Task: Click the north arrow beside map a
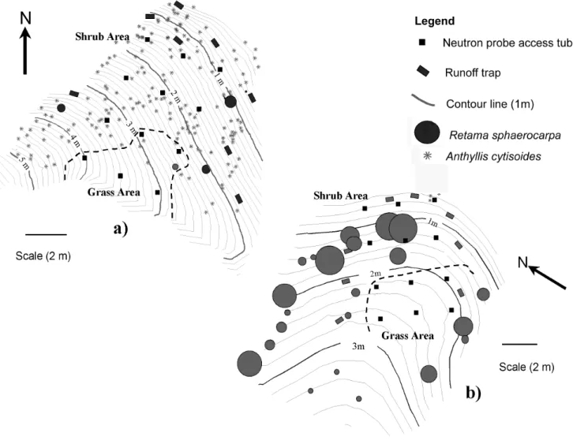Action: pos(25,50)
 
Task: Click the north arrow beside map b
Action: pos(548,278)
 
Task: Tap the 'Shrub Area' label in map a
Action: pos(103,36)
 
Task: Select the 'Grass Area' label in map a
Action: pos(114,192)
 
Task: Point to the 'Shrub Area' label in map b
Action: pos(341,196)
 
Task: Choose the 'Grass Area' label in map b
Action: pos(407,335)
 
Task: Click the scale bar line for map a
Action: pos(46,234)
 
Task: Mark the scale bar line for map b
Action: pos(519,344)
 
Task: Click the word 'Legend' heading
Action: pos(435,21)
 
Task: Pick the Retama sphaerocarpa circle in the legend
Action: pos(427,132)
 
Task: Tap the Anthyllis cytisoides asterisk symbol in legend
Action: pos(427,156)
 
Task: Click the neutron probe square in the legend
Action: pos(422,43)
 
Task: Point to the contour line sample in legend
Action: pos(423,101)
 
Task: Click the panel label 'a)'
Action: pos(121,229)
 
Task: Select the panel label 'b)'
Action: pos(474,393)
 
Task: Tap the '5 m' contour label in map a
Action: pos(23,161)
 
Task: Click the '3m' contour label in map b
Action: pos(358,346)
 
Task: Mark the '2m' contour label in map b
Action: pos(376,274)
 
